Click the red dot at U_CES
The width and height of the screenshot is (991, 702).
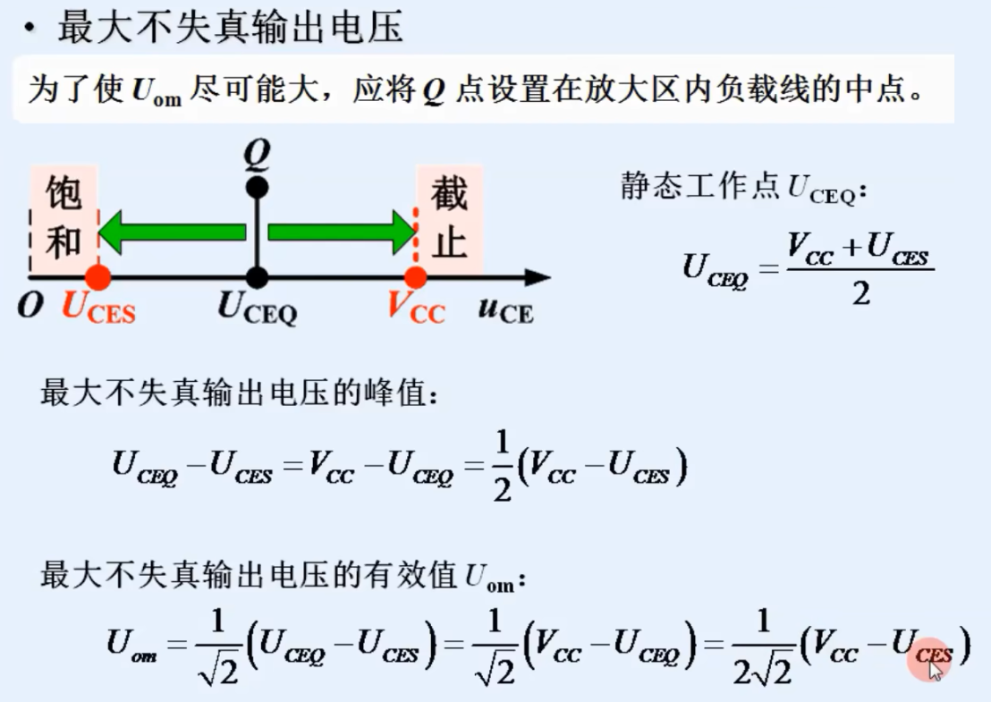[98, 277]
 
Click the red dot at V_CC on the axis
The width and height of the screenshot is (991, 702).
[415, 277]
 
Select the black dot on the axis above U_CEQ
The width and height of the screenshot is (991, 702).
[258, 277]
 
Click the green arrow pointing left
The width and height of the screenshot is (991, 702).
[170, 233]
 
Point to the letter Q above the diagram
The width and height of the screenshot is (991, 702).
[258, 157]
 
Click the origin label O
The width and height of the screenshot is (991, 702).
[30, 307]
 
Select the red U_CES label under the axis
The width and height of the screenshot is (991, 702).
[98, 309]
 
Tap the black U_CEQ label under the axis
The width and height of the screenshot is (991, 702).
[258, 309]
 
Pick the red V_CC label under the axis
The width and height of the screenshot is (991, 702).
[415, 309]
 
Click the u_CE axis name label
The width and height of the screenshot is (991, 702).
[504, 309]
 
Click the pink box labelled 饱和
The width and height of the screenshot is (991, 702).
[63, 219]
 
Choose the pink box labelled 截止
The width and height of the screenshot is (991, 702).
[449, 219]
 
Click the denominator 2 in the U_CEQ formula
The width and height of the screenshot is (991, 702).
[860, 293]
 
